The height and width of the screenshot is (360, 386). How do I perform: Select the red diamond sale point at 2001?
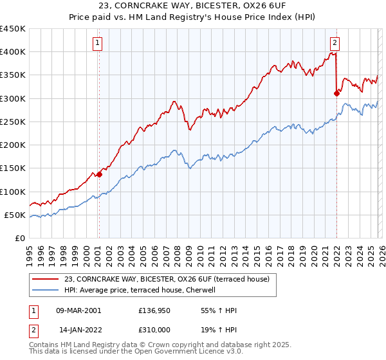pyautogui.click(x=99, y=174)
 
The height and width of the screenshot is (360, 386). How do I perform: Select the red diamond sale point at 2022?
pyautogui.click(x=336, y=93)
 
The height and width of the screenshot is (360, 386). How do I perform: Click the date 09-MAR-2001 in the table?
pyautogui.click(x=78, y=310)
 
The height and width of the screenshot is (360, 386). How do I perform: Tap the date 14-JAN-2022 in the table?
pyautogui.click(x=78, y=329)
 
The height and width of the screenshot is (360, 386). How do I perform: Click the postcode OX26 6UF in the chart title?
pyautogui.click(x=253, y=6)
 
